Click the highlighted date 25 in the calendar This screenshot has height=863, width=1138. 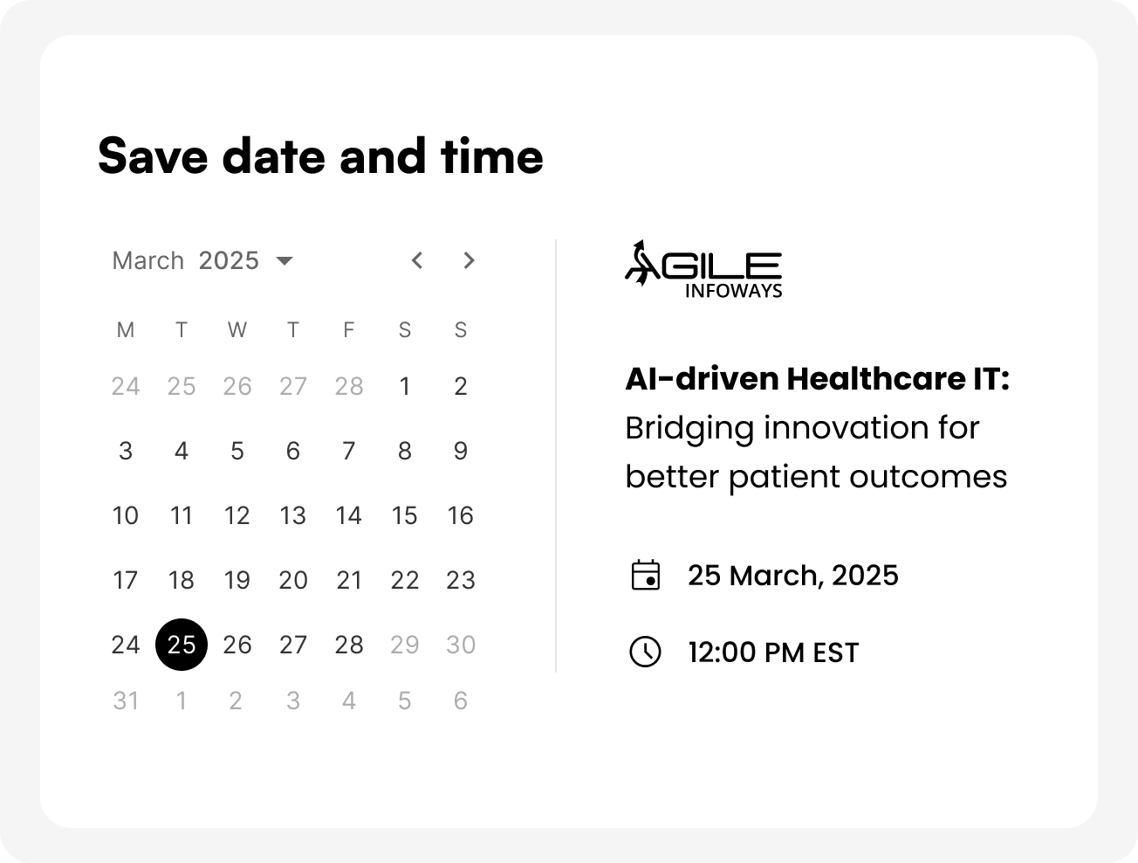click(x=182, y=645)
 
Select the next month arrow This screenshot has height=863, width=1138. click(x=469, y=260)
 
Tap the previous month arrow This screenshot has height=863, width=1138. click(x=417, y=260)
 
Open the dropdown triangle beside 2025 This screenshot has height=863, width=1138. click(x=284, y=260)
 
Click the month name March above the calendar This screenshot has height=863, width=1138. click(x=148, y=260)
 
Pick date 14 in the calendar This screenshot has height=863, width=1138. click(x=349, y=515)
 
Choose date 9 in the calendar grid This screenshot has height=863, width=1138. click(x=461, y=451)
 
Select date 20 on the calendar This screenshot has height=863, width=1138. click(x=293, y=580)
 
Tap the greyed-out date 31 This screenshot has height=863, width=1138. click(x=126, y=701)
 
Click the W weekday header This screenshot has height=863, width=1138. click(x=237, y=330)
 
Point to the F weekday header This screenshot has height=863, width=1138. click(x=349, y=330)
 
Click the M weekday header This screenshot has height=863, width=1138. click(x=126, y=330)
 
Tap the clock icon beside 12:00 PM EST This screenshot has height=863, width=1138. click(x=645, y=652)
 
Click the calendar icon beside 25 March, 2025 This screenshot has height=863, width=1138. click(x=646, y=575)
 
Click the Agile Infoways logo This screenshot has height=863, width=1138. click(x=703, y=269)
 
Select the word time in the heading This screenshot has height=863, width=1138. click(x=491, y=155)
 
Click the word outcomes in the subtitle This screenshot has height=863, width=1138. click(x=928, y=476)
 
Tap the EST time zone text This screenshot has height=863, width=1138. click(x=836, y=652)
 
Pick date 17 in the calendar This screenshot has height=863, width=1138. click(x=126, y=580)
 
